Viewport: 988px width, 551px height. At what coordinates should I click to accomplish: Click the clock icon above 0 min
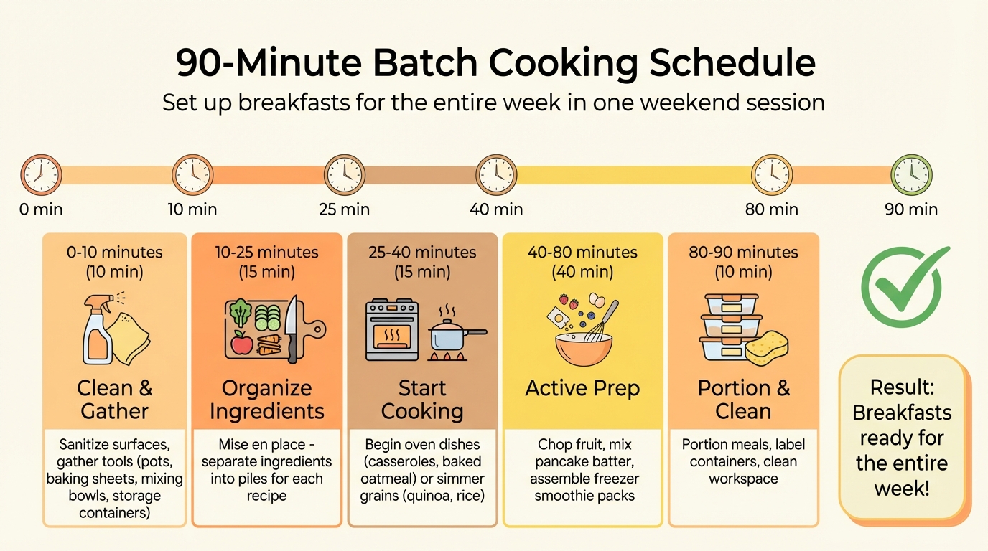point(41,175)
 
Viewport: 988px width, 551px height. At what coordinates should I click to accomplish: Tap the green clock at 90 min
point(911,175)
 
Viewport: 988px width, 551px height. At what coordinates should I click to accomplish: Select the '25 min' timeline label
point(344,209)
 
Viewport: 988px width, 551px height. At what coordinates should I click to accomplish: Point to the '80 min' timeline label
point(772,209)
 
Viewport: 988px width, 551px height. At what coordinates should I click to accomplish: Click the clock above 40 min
point(496,175)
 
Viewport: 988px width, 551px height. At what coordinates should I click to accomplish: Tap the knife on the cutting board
point(292,326)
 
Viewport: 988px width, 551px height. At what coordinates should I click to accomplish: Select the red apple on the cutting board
point(242,343)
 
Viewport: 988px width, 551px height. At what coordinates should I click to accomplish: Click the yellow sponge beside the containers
point(766,348)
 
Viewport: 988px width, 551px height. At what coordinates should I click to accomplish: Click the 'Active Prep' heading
point(582,388)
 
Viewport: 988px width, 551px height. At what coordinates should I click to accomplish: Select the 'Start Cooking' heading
point(422,400)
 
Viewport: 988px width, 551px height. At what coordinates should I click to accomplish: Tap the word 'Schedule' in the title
point(732,64)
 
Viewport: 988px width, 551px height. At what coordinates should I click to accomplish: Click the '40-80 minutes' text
point(582,253)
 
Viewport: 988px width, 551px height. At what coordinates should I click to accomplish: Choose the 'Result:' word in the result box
point(901,387)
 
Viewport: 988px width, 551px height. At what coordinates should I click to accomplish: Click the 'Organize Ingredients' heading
point(266,400)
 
